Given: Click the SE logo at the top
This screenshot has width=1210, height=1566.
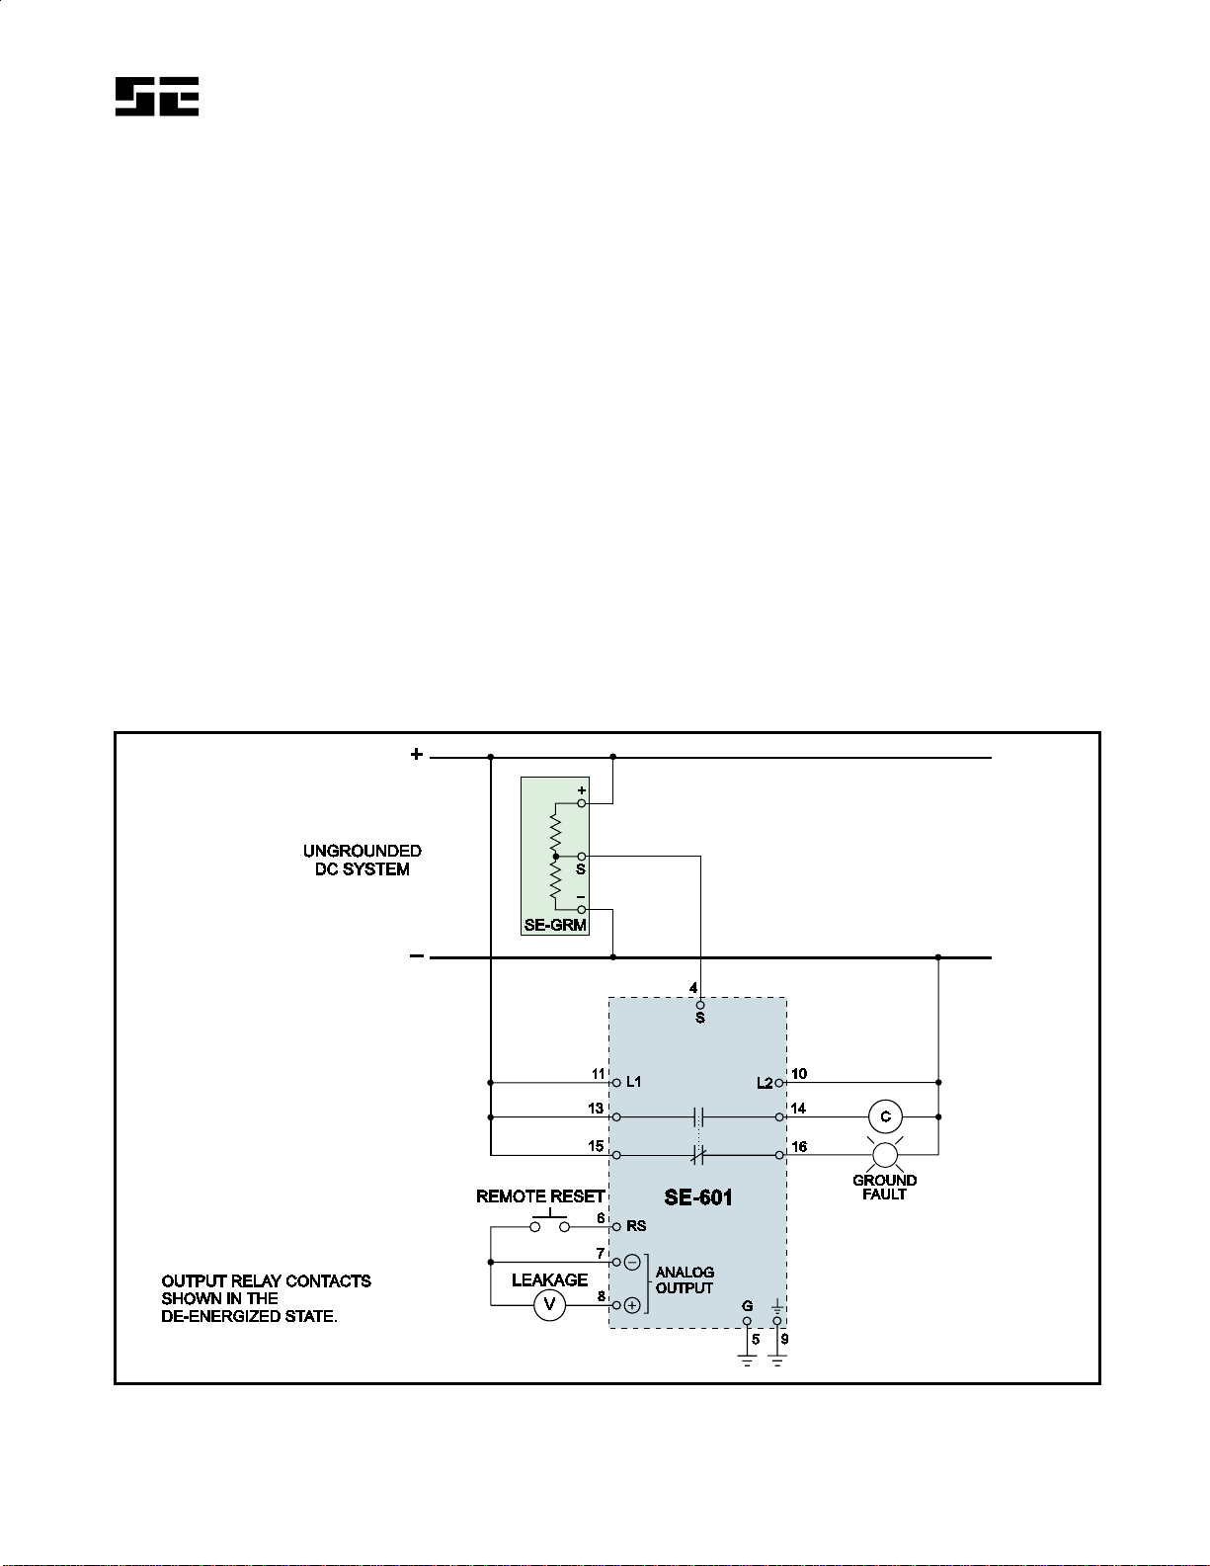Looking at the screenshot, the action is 157,97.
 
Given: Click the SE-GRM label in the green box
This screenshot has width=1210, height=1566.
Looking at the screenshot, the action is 555,926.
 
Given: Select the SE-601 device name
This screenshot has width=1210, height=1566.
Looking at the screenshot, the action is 698,1197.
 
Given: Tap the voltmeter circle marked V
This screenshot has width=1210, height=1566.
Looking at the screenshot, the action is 549,1305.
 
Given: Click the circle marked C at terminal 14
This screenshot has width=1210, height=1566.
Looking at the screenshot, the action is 885,1116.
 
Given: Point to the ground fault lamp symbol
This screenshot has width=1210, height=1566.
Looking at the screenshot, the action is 884,1153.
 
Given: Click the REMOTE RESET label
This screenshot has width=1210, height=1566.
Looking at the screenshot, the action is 539,1196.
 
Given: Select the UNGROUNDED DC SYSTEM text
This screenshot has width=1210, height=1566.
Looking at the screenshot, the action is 362,860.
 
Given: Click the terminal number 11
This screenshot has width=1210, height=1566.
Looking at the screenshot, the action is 598,1074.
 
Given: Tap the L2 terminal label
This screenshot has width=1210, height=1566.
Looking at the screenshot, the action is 765,1083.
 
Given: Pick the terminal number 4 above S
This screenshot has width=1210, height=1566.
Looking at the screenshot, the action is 693,988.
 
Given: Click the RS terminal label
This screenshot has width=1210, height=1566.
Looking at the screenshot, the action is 636,1226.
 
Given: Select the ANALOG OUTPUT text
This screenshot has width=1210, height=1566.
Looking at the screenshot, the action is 685,1279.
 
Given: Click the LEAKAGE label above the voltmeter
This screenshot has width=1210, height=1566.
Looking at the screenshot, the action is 549,1279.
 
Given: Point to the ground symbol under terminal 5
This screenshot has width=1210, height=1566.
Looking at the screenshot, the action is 748,1360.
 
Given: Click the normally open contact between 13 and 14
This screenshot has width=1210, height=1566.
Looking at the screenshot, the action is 698,1116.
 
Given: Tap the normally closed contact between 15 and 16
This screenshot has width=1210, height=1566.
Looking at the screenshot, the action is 698,1153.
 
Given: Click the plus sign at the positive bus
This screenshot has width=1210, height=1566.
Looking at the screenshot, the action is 417,755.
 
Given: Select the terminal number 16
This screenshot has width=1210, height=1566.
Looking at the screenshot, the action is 799,1146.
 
